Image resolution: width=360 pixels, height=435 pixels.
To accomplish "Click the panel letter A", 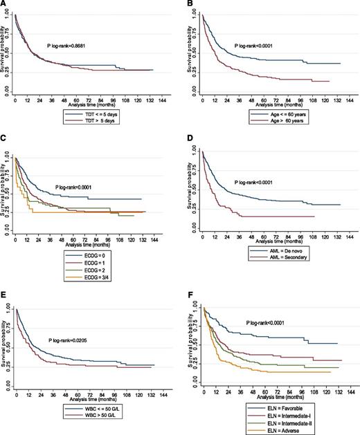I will click(x=5, y=5).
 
